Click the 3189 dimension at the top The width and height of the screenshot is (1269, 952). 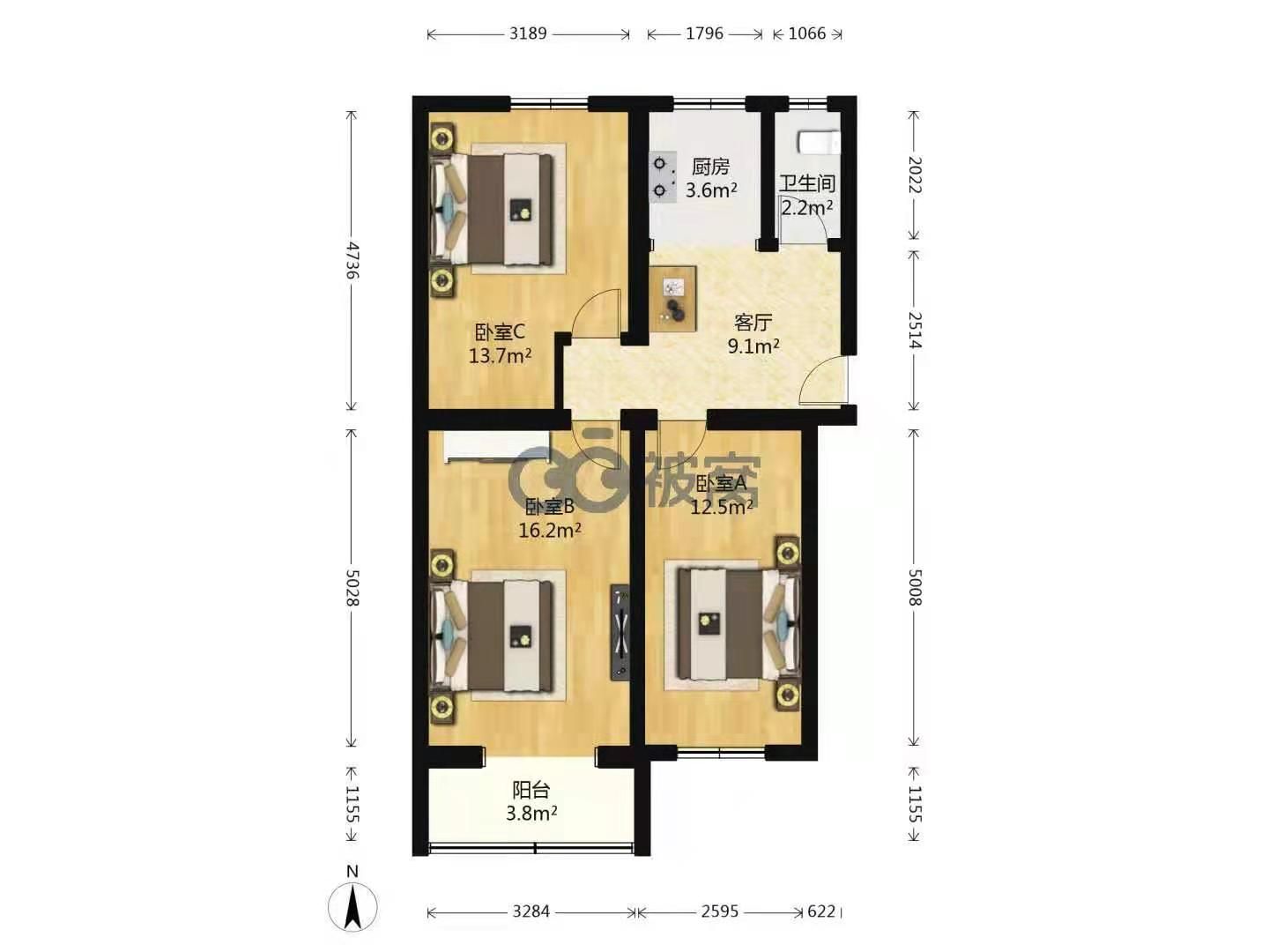point(527,33)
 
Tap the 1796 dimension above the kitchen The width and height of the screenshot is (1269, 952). point(704,33)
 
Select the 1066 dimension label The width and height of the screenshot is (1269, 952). point(807,33)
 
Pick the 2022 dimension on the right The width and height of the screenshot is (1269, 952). point(915,175)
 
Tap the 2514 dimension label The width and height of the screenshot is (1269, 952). point(915,330)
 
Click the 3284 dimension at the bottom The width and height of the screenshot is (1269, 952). point(531,911)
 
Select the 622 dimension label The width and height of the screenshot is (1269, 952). point(821,911)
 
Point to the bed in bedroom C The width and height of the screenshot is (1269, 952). point(499,209)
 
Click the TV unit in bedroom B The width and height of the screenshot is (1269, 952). point(620,633)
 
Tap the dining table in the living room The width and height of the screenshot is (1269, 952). point(672,298)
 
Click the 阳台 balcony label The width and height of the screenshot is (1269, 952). point(531,789)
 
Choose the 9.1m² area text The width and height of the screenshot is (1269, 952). point(753,346)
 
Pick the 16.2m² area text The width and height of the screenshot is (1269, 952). point(549,530)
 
